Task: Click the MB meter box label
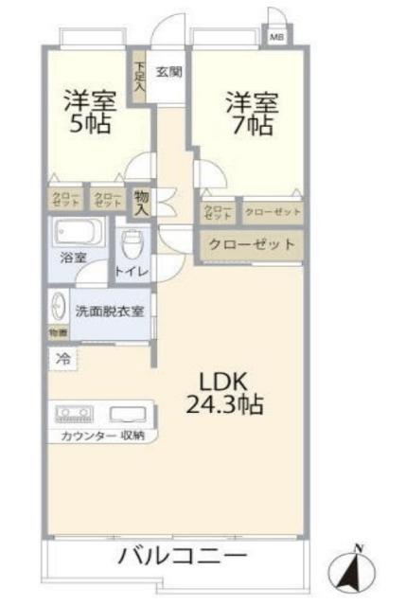(276, 37)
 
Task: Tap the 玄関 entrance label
(169, 71)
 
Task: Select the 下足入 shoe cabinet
(139, 77)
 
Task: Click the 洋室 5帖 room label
(89, 111)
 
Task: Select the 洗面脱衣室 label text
(110, 310)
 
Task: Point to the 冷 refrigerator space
(62, 359)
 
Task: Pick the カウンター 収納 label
(103, 435)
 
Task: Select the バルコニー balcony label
(182, 555)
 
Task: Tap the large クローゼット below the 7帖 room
(251, 244)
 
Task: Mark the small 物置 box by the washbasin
(58, 332)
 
